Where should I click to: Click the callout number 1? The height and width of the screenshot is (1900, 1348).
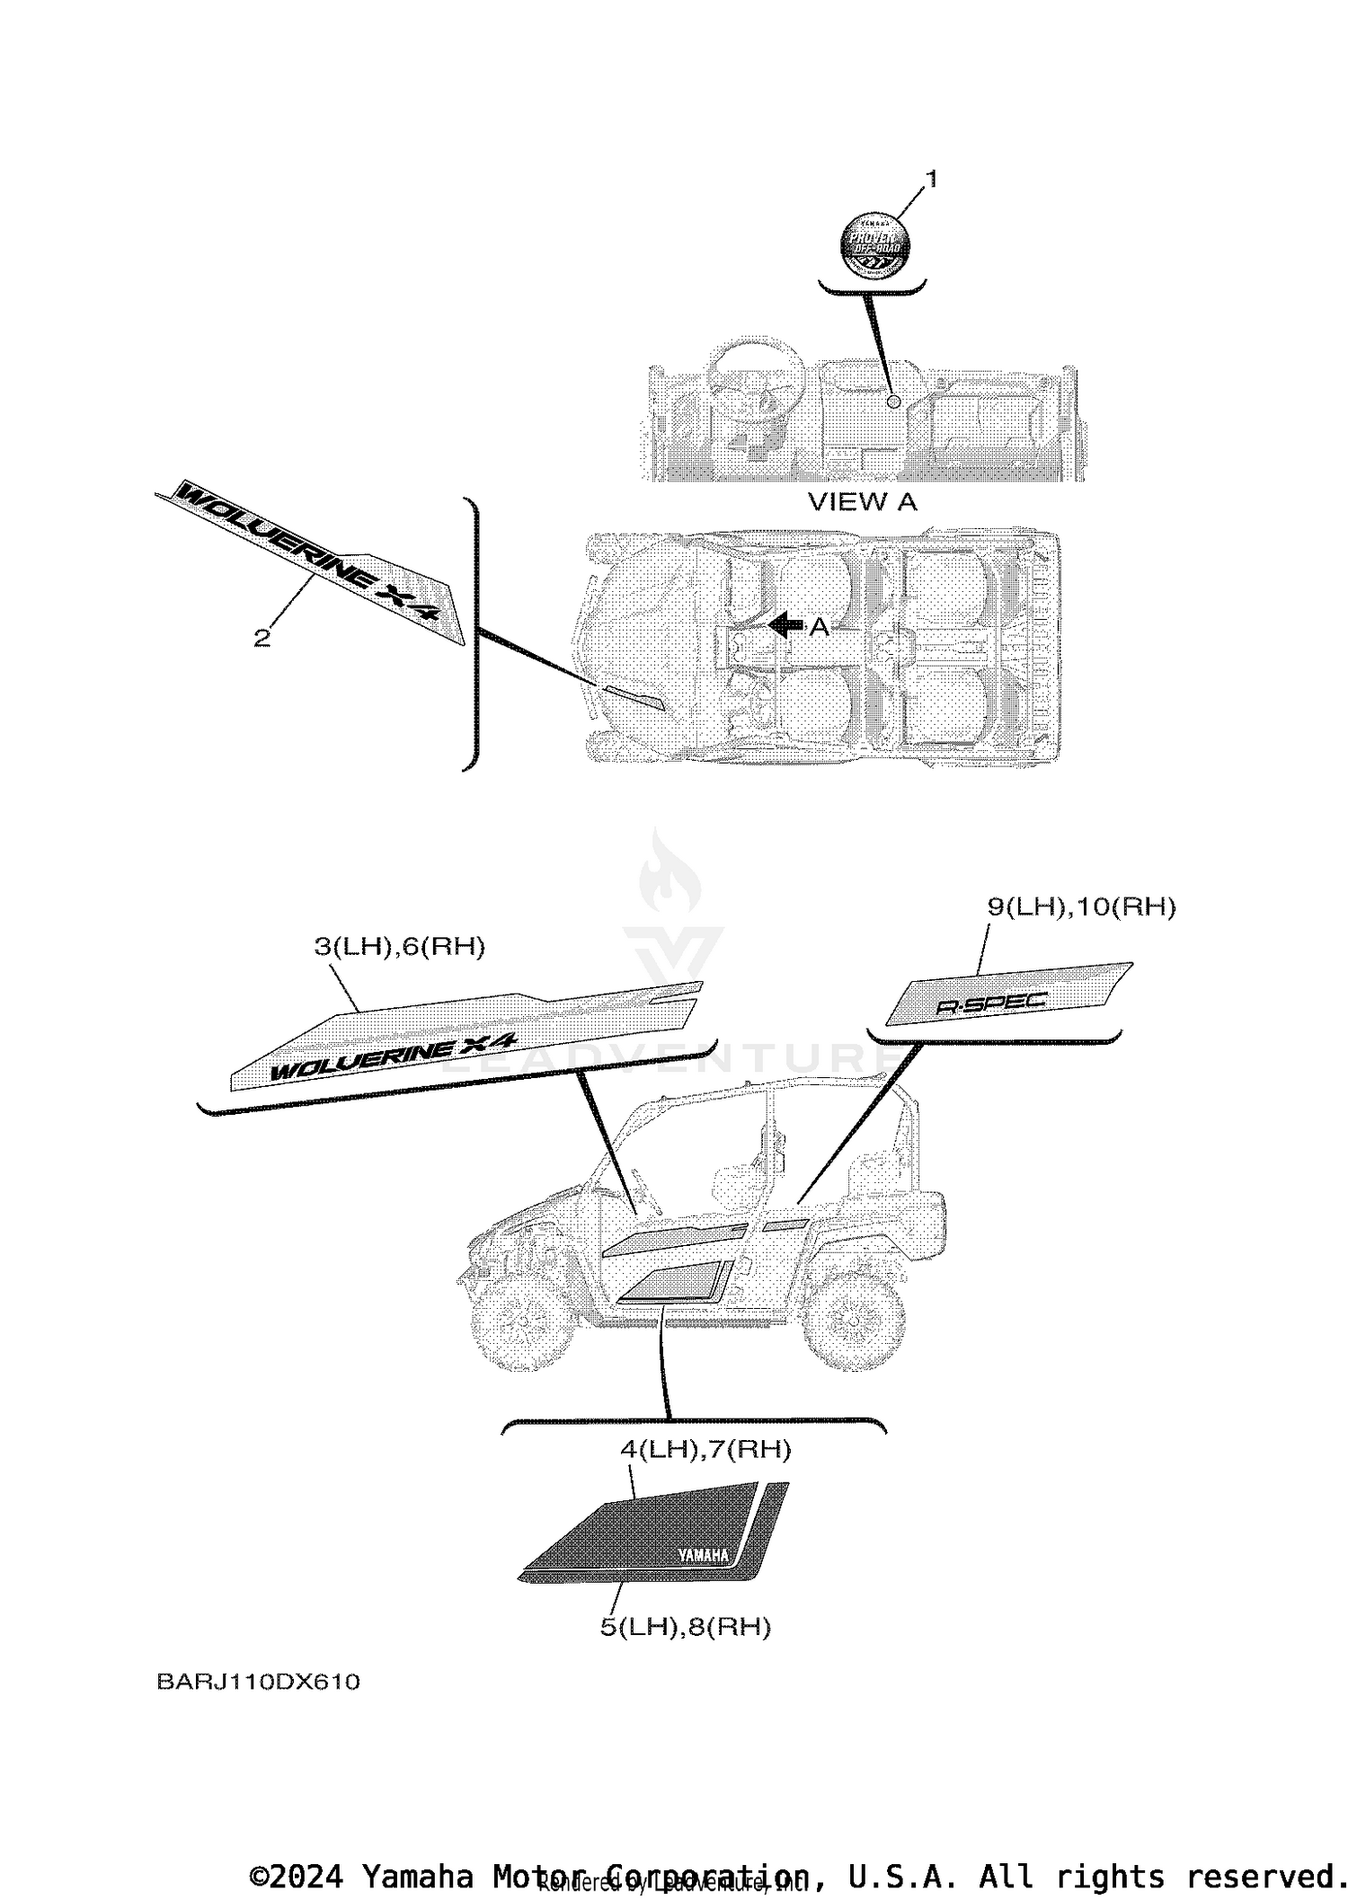pyautogui.click(x=931, y=180)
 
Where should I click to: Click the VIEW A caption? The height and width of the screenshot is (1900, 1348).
pyautogui.click(x=863, y=501)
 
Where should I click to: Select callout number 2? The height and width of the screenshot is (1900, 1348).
pyautogui.click(x=262, y=638)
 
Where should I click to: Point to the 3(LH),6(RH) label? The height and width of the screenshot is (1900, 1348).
pyautogui.click(x=399, y=947)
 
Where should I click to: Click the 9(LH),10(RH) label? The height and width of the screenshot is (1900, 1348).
pyautogui.click(x=1081, y=907)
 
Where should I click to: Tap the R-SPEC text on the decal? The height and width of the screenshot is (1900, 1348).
pyautogui.click(x=992, y=1003)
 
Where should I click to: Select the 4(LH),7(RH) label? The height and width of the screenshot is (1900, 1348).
pyautogui.click(x=705, y=1449)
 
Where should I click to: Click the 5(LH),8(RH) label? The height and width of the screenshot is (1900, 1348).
pyautogui.click(x=685, y=1627)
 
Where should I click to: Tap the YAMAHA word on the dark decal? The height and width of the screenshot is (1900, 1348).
pyautogui.click(x=703, y=1557)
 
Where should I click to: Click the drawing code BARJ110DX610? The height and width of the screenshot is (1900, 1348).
pyautogui.click(x=258, y=1682)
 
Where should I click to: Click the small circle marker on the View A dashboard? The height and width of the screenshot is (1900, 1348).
pyautogui.click(x=892, y=402)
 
